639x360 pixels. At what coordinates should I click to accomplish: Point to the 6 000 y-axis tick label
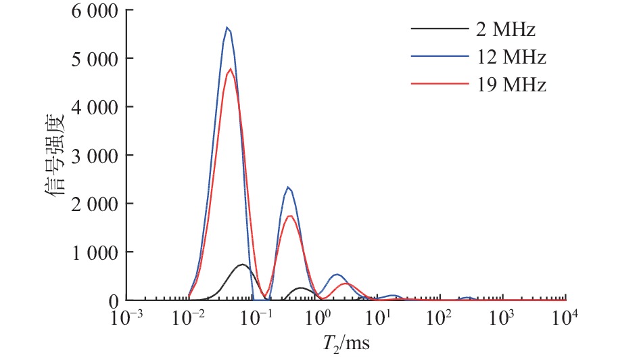(x=87, y=12)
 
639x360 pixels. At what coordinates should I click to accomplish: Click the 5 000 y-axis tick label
(x=87, y=59)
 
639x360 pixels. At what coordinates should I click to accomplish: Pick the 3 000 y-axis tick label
(x=87, y=156)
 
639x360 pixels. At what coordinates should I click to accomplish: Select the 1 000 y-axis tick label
(x=87, y=252)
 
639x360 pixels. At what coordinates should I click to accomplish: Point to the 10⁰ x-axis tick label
(x=318, y=317)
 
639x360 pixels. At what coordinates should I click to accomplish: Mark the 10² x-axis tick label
(x=444, y=317)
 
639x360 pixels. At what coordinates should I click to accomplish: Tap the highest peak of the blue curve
(x=227, y=28)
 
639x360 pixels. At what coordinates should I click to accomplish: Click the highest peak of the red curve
(x=231, y=69)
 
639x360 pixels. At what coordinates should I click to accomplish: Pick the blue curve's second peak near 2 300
(x=288, y=187)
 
